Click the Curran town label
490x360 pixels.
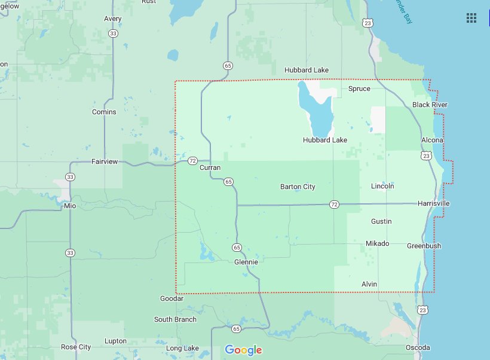click(210, 168)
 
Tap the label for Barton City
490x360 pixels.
click(298, 187)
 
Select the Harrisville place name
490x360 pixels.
click(433, 204)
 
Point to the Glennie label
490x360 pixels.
click(246, 262)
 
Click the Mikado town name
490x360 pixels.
click(377, 243)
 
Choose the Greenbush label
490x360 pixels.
click(424, 246)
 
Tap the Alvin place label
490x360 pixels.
click(369, 283)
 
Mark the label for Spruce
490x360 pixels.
click(359, 89)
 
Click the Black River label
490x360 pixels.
click(430, 105)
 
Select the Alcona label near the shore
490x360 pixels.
click(432, 141)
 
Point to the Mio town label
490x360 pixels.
click(70, 206)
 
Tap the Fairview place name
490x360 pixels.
click(105, 162)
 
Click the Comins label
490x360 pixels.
click(104, 112)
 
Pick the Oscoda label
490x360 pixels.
click(418, 347)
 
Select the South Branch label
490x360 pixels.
click(175, 319)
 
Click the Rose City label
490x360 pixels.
click(76, 347)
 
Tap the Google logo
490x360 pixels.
click(243, 350)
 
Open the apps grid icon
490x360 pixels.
click(471, 18)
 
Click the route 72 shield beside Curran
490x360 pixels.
click(192, 161)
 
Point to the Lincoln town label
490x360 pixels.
click(382, 186)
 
